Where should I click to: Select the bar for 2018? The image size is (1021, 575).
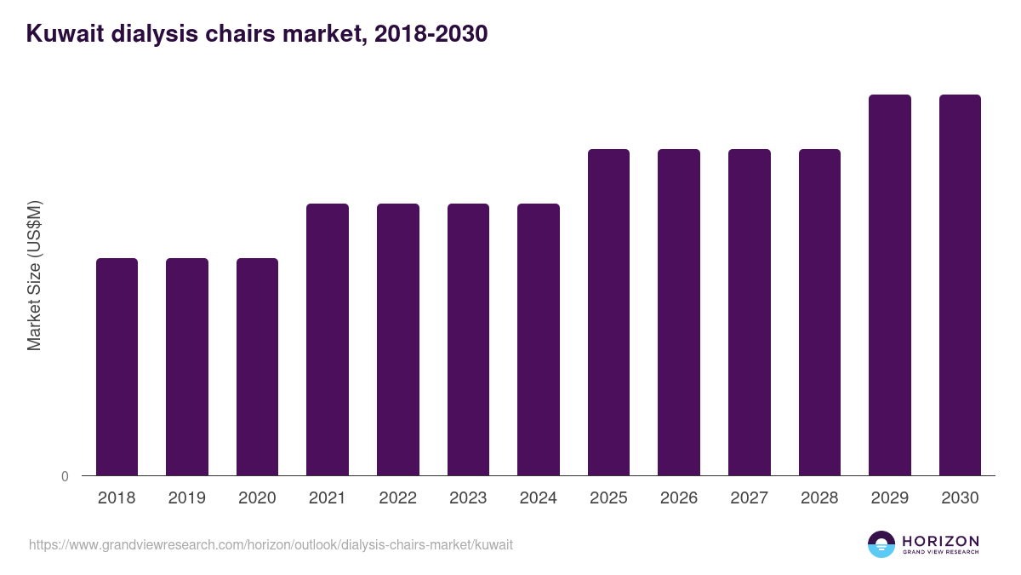[117, 366]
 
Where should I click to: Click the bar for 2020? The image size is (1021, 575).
[257, 366]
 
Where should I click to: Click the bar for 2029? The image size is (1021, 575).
[890, 285]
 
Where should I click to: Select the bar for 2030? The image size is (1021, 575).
[960, 285]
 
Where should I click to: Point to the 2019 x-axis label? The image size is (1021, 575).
[186, 498]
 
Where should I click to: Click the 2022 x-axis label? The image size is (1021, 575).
[397, 498]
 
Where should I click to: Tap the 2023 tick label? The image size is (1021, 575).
[468, 498]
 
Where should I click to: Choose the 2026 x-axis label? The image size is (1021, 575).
[679, 498]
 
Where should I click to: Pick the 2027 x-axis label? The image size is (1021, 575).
[749, 498]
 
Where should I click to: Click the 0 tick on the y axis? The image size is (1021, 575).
[65, 476]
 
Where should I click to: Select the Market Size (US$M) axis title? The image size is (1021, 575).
[34, 275]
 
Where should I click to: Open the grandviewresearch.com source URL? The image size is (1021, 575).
[271, 544]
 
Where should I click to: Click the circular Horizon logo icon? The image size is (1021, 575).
[881, 544]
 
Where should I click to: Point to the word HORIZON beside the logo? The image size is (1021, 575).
[940, 541]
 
